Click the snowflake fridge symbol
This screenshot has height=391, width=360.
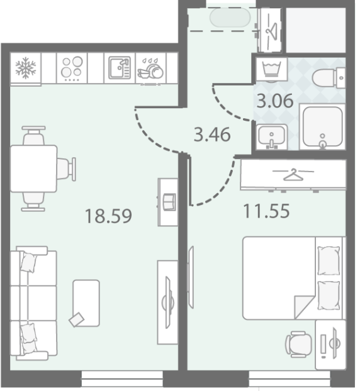tap(25, 68)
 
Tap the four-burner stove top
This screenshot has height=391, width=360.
tap(72, 68)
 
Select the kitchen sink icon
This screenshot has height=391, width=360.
tap(120, 68)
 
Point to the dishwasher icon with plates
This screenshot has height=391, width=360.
tap(150, 69)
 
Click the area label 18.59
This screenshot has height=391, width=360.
tap(108, 216)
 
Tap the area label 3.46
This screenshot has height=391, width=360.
tap(212, 135)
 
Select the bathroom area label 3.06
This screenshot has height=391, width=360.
tap(275, 101)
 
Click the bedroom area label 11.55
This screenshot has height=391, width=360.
tap(266, 211)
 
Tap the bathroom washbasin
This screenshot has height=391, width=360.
tap(271, 136)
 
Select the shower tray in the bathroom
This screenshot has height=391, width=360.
tap(322, 127)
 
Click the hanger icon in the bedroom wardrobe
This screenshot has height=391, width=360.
tap(293, 175)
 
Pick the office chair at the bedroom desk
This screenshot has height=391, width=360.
tap(299, 344)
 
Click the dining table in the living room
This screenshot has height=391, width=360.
tap(33, 169)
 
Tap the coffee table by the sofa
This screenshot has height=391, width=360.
tap(86, 303)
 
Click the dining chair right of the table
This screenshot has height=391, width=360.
tap(66, 169)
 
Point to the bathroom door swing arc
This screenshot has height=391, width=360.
tap(228, 107)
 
